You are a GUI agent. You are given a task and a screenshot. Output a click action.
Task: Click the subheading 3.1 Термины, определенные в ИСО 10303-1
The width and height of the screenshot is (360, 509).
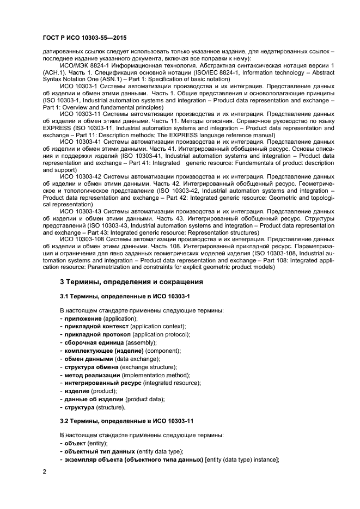click(x=124, y=296)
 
